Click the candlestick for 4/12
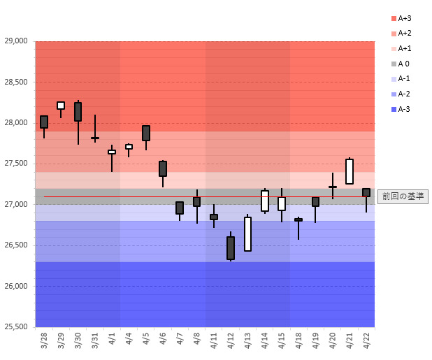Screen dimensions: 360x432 click(231, 248)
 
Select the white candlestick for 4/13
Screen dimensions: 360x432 click(247, 234)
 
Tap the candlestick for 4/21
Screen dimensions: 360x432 click(350, 171)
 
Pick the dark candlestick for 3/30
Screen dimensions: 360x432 click(78, 112)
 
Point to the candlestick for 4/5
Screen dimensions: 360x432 click(146, 133)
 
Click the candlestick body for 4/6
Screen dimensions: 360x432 click(163, 168)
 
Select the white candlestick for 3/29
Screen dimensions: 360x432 click(61, 106)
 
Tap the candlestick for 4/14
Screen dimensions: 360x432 click(265, 201)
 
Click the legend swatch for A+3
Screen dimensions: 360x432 click(394, 18)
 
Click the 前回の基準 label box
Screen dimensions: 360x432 click(403, 196)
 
